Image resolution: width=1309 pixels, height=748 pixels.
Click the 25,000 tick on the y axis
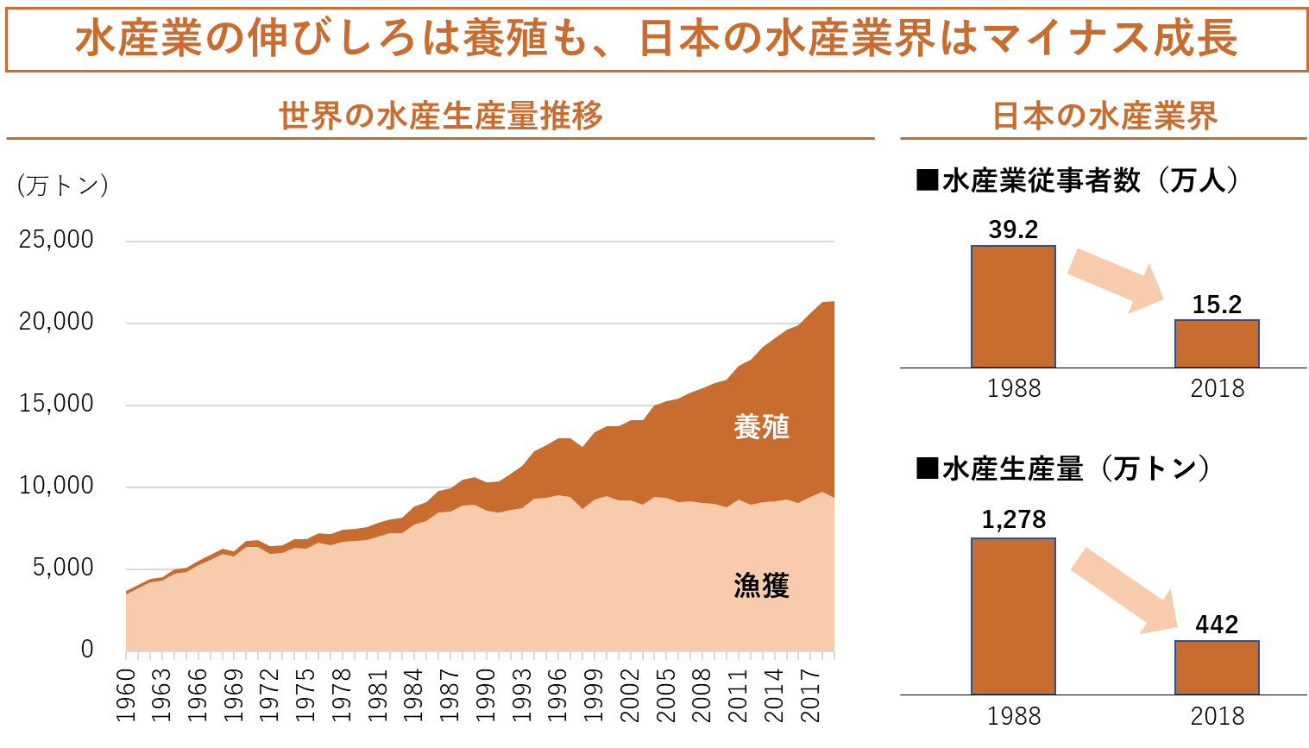[x=56, y=240]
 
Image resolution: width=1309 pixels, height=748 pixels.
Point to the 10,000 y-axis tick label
[x=56, y=486]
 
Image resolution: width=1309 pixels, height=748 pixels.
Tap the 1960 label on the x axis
[x=127, y=695]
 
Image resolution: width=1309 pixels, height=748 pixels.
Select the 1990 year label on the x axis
[x=487, y=695]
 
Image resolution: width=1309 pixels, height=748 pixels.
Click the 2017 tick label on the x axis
[x=810, y=695]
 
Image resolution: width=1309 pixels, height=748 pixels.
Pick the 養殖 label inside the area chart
[x=761, y=427]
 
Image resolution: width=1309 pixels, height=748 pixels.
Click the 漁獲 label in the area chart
[x=761, y=586]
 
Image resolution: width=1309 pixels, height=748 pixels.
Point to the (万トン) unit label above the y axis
[x=62, y=185]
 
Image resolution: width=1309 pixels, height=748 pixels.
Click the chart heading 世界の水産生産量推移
[x=440, y=116]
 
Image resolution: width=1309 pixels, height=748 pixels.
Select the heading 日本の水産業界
[x=1104, y=116]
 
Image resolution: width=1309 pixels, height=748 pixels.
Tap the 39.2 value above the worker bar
[x=1013, y=229]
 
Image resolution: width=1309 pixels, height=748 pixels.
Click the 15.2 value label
[x=1217, y=305]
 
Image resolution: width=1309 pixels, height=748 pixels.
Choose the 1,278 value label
[x=1013, y=519]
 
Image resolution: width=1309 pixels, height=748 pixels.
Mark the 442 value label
[x=1217, y=625]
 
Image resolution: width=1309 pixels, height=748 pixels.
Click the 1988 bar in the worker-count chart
[x=1013, y=307]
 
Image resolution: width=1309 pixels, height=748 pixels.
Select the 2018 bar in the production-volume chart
[x=1217, y=668]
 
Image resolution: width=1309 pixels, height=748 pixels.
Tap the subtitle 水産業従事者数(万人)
[x=1079, y=180]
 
